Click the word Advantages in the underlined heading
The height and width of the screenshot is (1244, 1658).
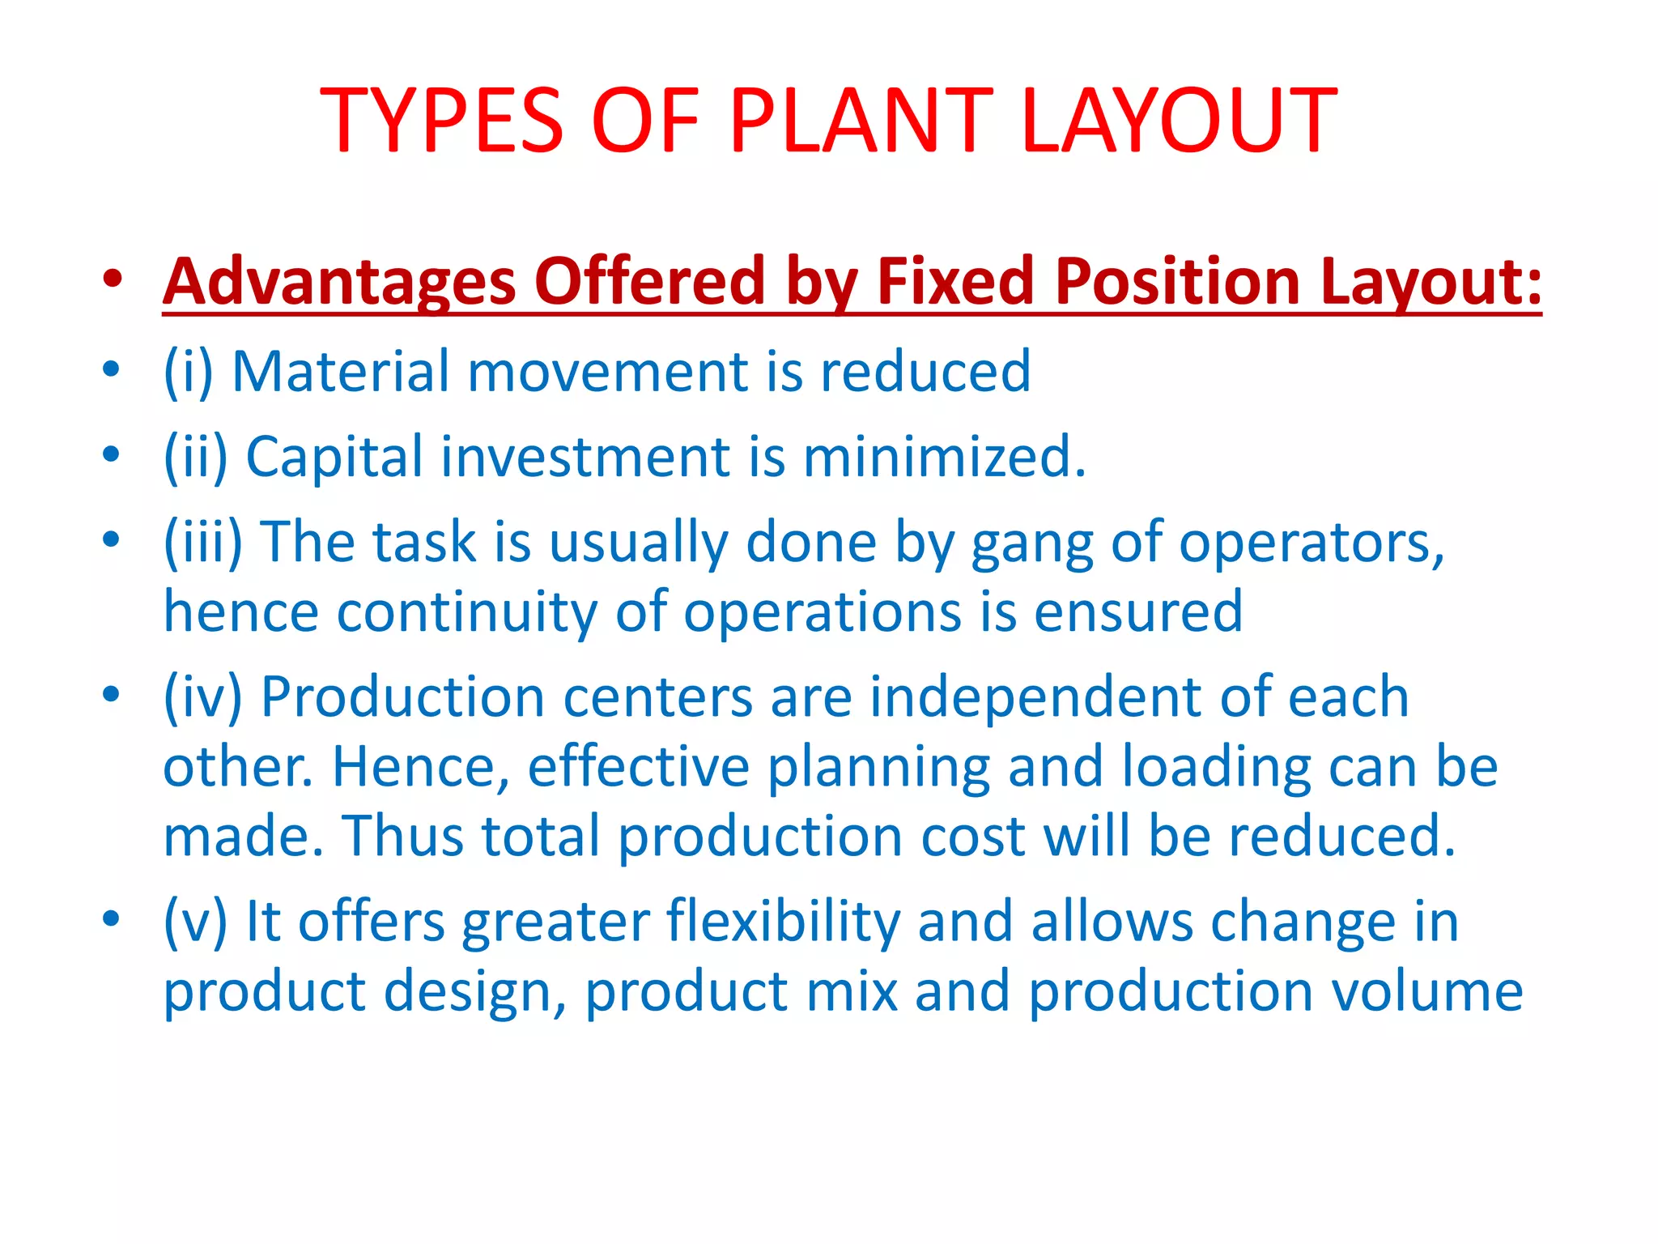pos(339,281)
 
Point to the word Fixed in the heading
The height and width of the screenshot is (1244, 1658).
pos(956,281)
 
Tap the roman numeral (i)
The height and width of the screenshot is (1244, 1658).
pos(188,372)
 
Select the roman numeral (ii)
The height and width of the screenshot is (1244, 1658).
pos(195,457)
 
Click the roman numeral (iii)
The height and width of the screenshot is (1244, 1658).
pos(202,542)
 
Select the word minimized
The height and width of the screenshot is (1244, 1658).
pos(944,457)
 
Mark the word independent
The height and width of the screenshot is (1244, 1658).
pos(1035,698)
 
